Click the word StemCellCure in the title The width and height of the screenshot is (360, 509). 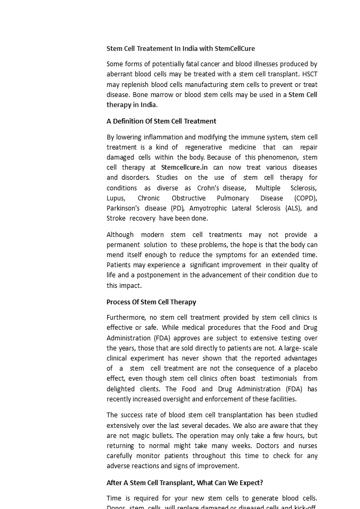234,48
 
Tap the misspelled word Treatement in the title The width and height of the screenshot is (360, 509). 156,48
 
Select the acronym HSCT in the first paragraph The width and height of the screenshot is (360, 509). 310,74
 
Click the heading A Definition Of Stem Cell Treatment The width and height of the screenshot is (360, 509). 161,121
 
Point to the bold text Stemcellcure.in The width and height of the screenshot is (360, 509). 184,167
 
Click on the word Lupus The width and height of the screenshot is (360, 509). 116,198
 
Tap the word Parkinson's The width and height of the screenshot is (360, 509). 123,208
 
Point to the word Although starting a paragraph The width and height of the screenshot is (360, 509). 120,234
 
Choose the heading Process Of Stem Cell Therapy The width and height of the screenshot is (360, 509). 151,302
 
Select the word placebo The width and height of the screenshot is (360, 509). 305,368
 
